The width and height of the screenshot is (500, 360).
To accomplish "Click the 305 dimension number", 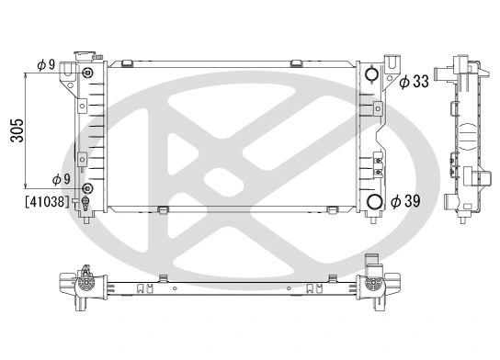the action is [17, 130].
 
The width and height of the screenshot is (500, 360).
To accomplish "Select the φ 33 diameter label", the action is [414, 82].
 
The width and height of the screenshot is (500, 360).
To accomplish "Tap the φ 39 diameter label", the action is [405, 201].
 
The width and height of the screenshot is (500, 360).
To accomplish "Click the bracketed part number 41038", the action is [47, 202].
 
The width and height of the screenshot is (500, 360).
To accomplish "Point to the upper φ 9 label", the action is [46, 65].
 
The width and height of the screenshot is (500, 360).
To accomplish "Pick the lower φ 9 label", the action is [62, 179].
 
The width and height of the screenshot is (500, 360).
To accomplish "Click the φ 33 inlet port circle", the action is [371, 75].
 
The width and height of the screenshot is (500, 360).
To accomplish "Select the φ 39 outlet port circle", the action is [374, 202].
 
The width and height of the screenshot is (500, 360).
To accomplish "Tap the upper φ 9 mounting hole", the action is [87, 73].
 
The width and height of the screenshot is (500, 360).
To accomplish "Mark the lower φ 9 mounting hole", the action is [87, 188].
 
